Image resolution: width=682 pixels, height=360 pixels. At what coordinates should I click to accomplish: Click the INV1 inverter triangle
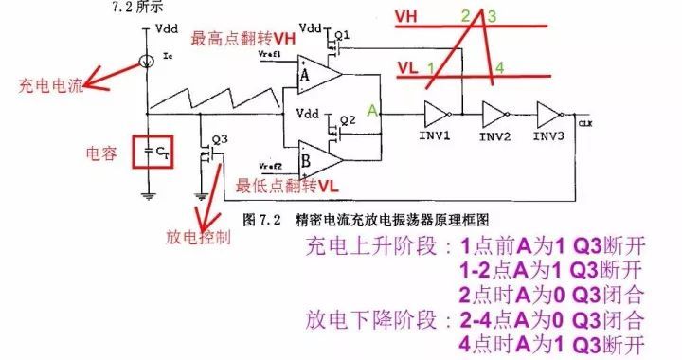(437, 114)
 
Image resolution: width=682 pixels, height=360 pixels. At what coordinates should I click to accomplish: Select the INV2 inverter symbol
(494, 114)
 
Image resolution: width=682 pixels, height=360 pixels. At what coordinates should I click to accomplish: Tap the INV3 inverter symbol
(548, 114)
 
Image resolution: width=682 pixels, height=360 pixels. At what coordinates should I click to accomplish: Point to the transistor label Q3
(221, 138)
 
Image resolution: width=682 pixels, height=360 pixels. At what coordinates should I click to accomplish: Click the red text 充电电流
(50, 86)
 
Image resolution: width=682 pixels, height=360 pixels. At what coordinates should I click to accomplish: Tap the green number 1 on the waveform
(431, 67)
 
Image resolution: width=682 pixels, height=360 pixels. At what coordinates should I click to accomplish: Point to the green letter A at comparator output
(373, 111)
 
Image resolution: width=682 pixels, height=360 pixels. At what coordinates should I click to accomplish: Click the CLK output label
(584, 122)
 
